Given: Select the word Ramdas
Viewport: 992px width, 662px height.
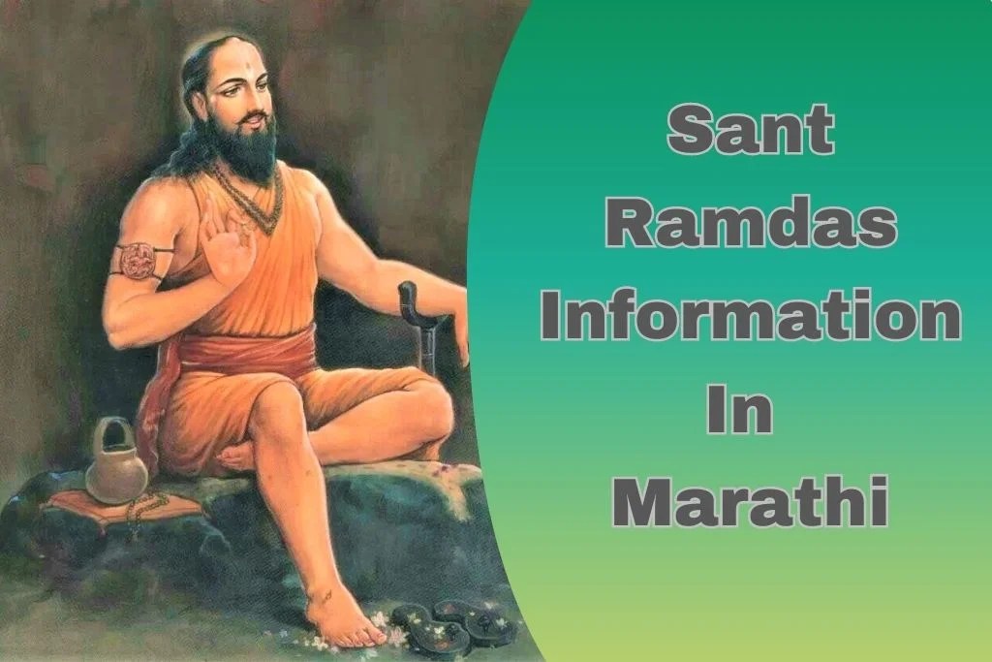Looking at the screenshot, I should [750, 224].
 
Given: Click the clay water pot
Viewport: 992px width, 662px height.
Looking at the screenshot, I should [115, 463].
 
